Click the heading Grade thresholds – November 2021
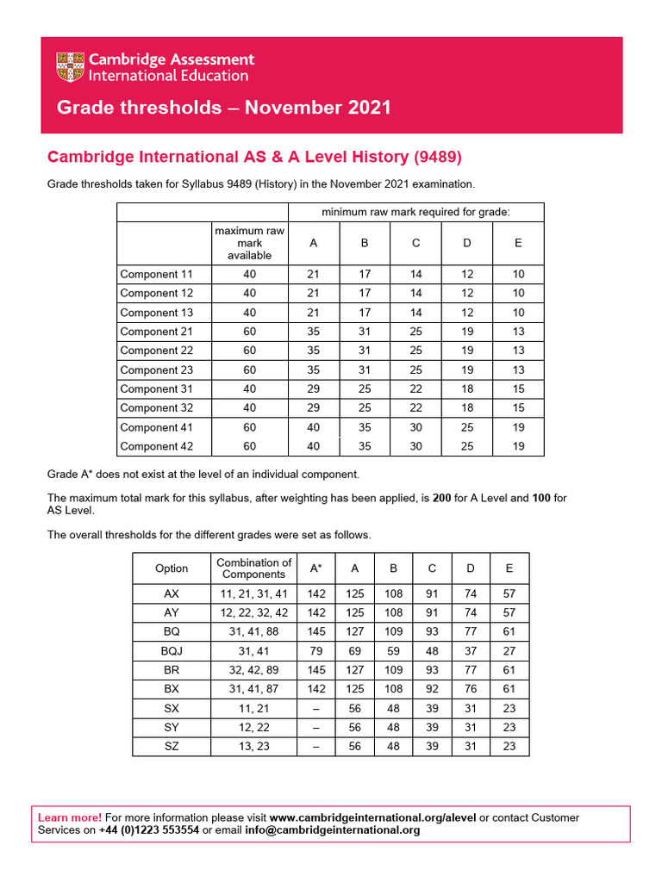click(x=223, y=108)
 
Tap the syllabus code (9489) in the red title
click(x=438, y=157)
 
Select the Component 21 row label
click(x=156, y=332)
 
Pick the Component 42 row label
click(x=156, y=446)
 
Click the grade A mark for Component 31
click(x=313, y=388)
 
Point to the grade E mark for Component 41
click(x=518, y=427)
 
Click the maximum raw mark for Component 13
click(x=249, y=313)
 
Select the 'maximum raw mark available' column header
click(x=249, y=243)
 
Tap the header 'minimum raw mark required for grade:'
click(x=415, y=212)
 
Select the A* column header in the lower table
click(x=316, y=568)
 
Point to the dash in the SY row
click(x=316, y=727)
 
